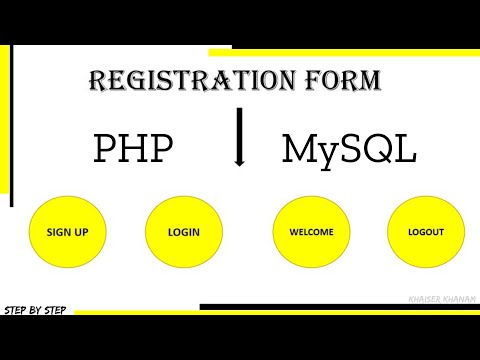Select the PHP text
coord(133,149)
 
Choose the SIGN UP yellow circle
coord(67,232)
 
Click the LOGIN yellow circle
coord(183,232)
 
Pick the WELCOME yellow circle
coord(311,232)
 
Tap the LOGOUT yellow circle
coord(425,232)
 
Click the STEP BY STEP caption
coord(36,310)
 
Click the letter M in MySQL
coord(297,149)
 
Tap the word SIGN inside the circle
coord(60,232)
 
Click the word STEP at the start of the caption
coord(16,310)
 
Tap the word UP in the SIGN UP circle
coord(81,232)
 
